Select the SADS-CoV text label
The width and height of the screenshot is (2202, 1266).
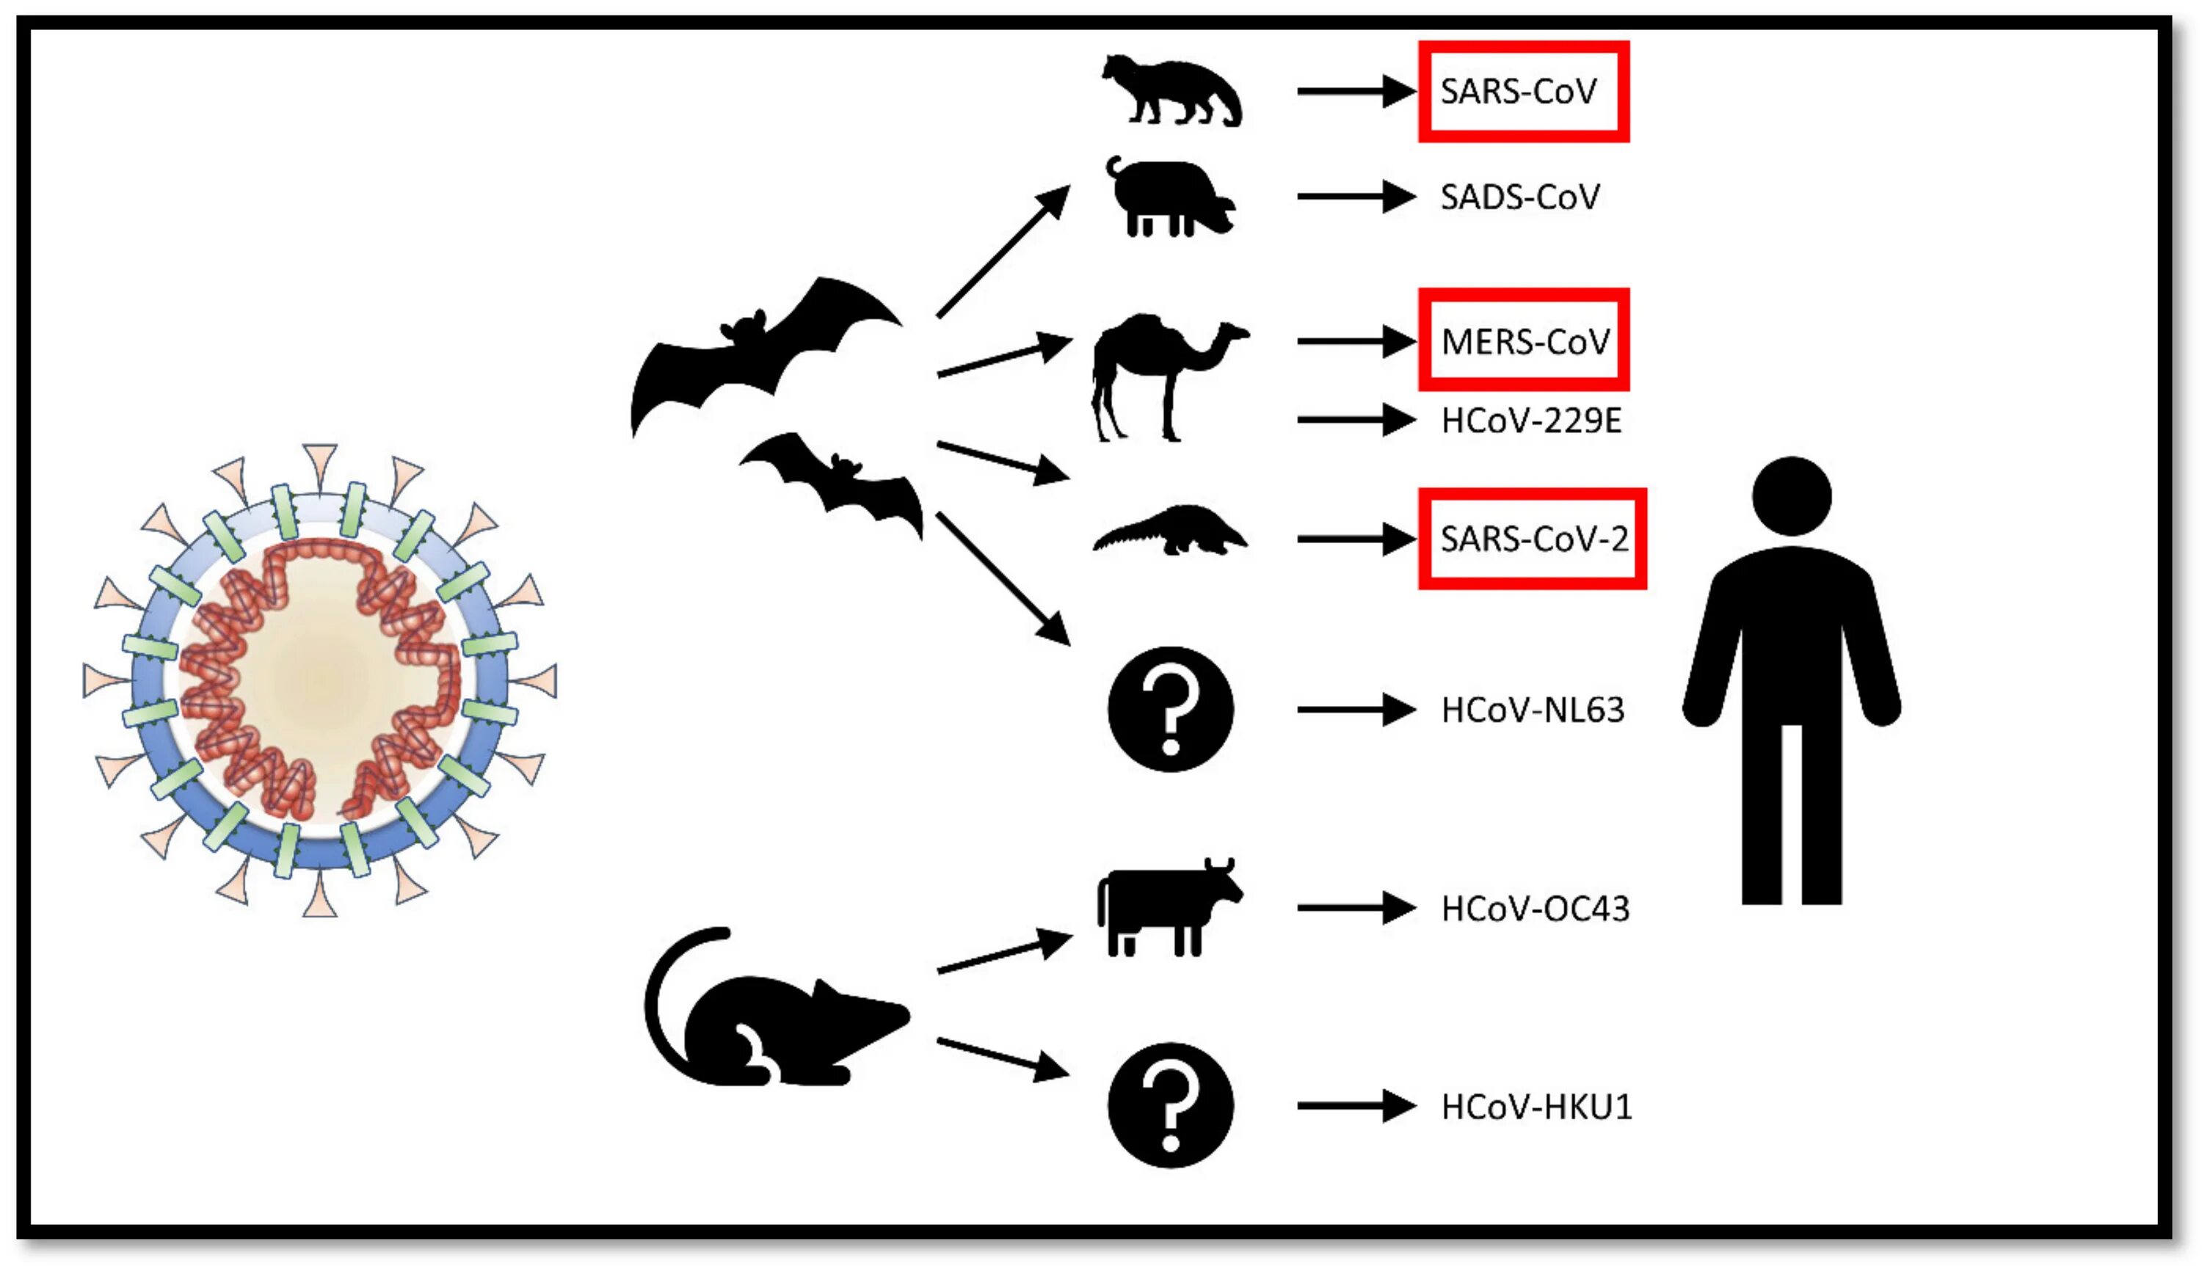[1519, 197]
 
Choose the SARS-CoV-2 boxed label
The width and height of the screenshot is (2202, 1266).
[1533, 539]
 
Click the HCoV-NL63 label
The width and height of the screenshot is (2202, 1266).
[1532, 710]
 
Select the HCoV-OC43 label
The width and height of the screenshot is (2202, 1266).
[1534, 909]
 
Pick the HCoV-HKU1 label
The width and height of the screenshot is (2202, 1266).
[1536, 1107]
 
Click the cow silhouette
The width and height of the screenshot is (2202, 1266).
[1165, 909]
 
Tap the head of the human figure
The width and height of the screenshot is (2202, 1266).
[1792, 496]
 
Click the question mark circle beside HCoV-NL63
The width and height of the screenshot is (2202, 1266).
[1170, 710]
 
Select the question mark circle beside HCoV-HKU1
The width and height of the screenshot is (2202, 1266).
[1170, 1105]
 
